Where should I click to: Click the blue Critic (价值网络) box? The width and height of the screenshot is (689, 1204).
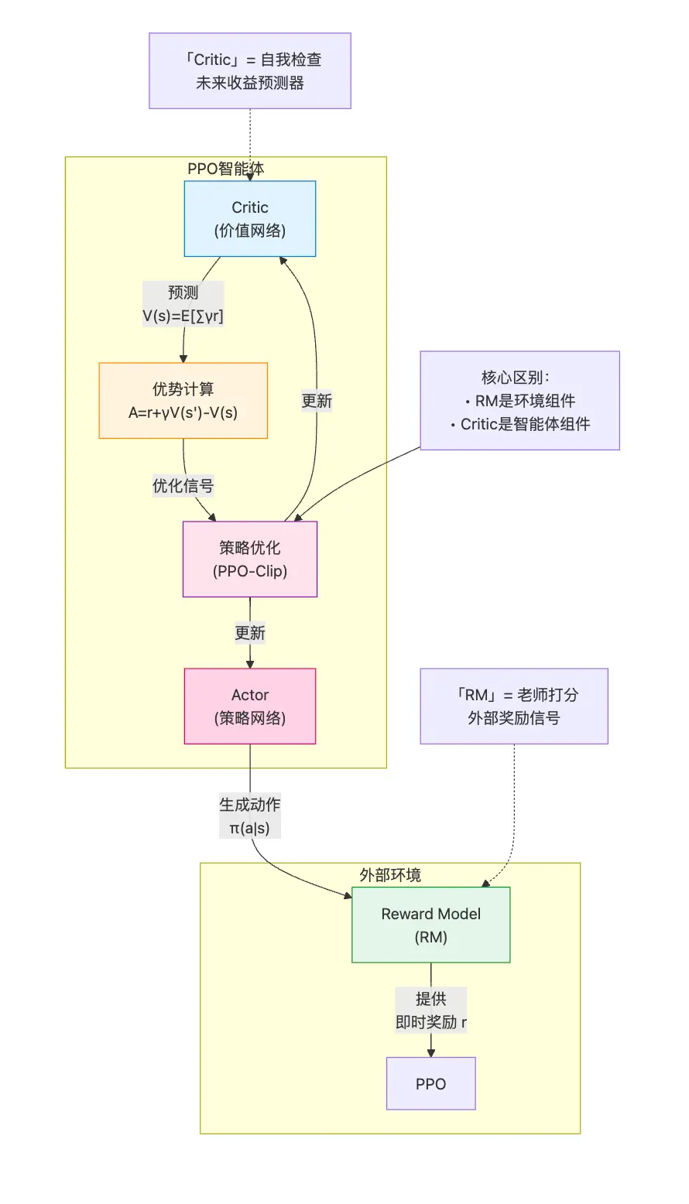click(249, 218)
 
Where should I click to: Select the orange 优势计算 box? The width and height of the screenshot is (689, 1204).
click(183, 400)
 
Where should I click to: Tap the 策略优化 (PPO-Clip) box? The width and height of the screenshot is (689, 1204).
click(249, 559)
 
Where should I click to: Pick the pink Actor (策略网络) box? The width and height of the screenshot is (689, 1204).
click(249, 706)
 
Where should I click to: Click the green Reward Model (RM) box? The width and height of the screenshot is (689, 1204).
click(430, 925)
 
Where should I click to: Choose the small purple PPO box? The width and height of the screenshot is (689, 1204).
click(430, 1083)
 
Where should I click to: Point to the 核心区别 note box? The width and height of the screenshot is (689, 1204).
click(519, 400)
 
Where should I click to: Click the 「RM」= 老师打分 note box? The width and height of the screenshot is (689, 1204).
click(513, 706)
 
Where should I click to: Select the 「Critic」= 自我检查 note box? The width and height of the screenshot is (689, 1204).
click(249, 70)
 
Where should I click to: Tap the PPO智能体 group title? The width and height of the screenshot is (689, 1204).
click(225, 169)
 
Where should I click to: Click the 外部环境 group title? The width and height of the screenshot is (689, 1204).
click(390, 875)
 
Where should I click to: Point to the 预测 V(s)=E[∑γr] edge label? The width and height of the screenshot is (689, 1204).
click(183, 304)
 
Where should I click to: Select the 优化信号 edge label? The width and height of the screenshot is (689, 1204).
click(183, 486)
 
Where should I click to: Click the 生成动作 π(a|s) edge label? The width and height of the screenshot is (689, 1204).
click(249, 816)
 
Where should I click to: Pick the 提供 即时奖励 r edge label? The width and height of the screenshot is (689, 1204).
click(430, 1011)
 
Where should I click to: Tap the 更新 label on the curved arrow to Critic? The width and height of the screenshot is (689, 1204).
click(317, 401)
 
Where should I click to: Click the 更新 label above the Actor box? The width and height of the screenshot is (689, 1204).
click(249, 633)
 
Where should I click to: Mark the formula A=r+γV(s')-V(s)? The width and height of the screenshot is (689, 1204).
click(183, 412)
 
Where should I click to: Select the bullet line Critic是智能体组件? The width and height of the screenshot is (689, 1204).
click(520, 424)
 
